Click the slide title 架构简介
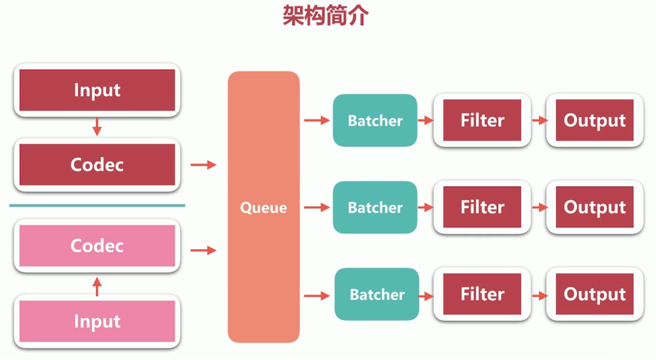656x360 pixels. click(325, 16)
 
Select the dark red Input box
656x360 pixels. click(97, 90)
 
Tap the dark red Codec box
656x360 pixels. click(97, 165)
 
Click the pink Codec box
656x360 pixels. click(97, 245)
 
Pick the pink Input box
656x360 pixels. click(97, 321)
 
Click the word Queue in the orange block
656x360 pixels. click(263, 208)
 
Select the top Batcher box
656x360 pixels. click(375, 120)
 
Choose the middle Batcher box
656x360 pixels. click(375, 207)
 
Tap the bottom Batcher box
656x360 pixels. click(377, 294)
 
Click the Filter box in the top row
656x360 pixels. click(482, 120)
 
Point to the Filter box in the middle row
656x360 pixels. click(482, 207)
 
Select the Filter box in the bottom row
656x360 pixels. click(482, 294)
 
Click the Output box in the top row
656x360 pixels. click(595, 120)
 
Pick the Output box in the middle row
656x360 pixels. click(595, 207)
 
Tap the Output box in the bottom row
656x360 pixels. click(595, 294)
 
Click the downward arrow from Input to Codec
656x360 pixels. click(97, 126)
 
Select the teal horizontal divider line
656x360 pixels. click(97, 206)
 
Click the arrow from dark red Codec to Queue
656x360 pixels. click(203, 165)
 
